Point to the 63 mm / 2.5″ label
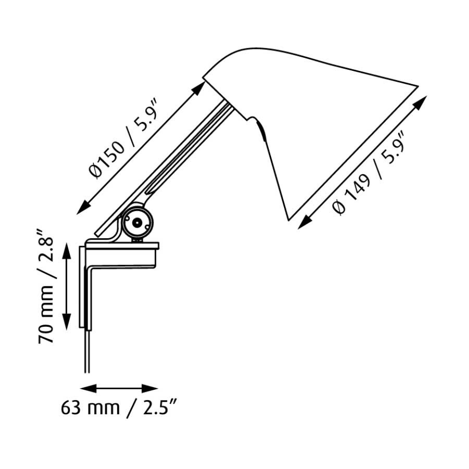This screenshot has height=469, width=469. click(120, 408)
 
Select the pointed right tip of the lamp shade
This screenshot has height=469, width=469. click(416, 85)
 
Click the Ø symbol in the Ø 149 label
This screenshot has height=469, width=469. click(340, 208)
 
